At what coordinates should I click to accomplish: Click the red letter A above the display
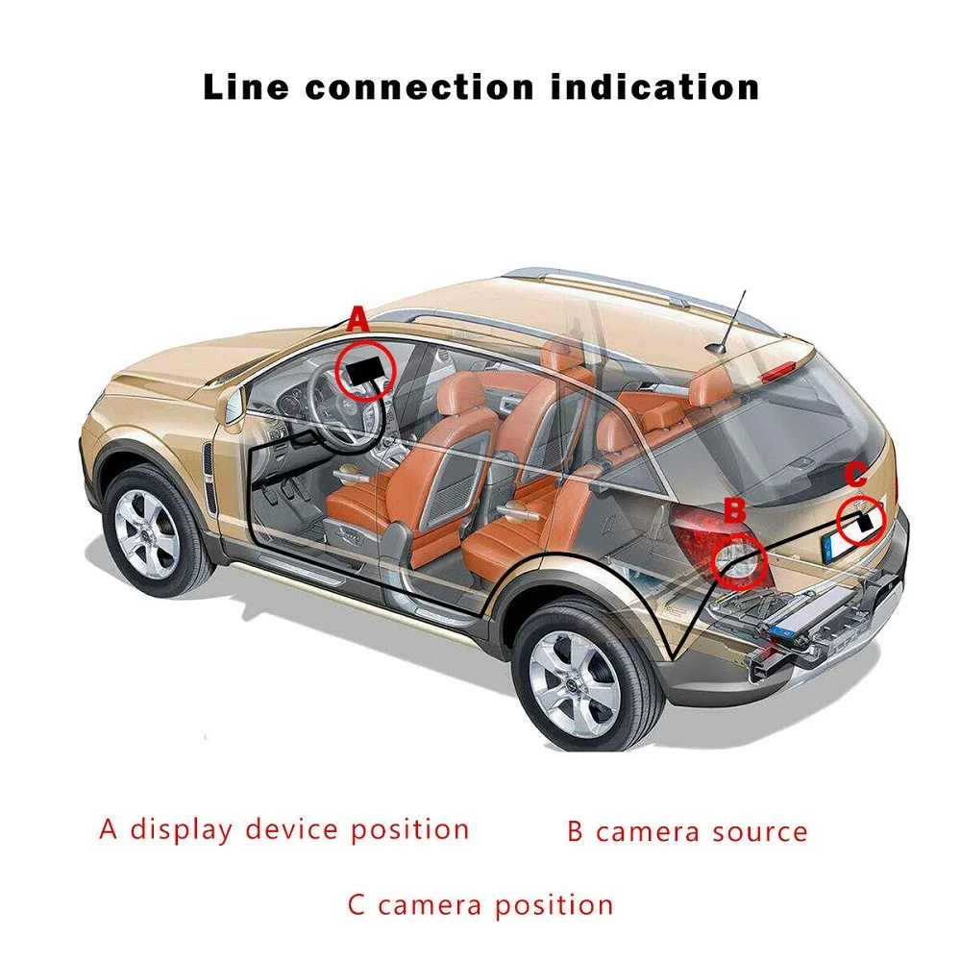click(x=357, y=320)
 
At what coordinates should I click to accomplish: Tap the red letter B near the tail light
click(x=734, y=510)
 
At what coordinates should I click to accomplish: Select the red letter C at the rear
click(x=856, y=475)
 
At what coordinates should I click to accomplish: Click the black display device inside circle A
click(x=365, y=370)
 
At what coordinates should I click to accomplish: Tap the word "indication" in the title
click(x=655, y=86)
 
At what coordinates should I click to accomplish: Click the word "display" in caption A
click(x=183, y=828)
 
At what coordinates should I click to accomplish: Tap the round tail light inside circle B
click(x=738, y=563)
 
